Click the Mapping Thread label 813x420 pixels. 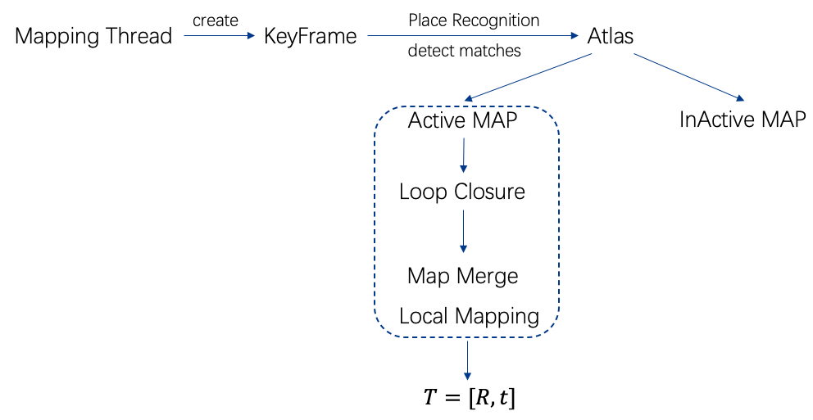coord(93,36)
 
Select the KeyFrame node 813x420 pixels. coord(310,36)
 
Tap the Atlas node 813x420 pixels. coord(611,36)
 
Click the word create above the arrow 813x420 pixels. coord(216,20)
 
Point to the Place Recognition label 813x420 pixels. coord(474,20)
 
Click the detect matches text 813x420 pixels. coord(464,50)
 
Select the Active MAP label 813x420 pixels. coord(462,120)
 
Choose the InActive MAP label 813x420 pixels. coord(743,119)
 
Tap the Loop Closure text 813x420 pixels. coord(462,192)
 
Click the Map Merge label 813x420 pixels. coord(462,276)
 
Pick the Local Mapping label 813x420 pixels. coord(470,316)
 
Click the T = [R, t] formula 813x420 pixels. coord(470,397)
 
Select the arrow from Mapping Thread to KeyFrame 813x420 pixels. coord(220,36)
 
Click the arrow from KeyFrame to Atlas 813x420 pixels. coord(473,36)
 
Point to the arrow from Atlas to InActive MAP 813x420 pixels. coord(689,77)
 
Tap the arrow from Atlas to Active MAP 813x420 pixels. coord(528,77)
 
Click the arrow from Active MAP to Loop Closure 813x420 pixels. coord(464,155)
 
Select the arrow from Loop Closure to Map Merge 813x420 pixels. coord(464,231)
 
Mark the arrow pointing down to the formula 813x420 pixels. coord(468,360)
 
